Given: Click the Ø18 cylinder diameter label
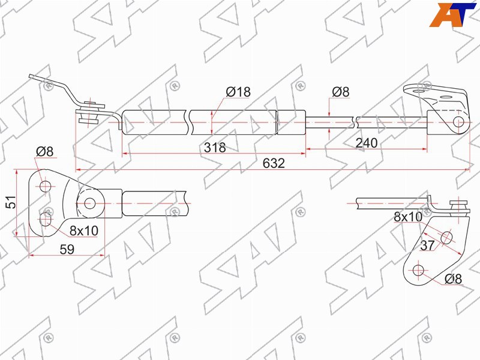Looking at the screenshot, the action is coord(238,92).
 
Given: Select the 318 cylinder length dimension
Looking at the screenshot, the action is coord(215,148).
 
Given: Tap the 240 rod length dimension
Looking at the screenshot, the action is coord(367,143).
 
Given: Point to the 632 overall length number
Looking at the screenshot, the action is coord(274,163).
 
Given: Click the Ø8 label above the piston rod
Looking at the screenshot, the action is coord(340,92).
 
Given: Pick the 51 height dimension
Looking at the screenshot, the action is coord(11,202).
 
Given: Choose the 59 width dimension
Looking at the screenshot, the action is coord(67,249).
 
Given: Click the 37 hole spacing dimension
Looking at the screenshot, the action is coord(427,245).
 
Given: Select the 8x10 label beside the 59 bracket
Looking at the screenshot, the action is coord(84,230).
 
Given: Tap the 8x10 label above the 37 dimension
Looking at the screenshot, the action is coord(408,217).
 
